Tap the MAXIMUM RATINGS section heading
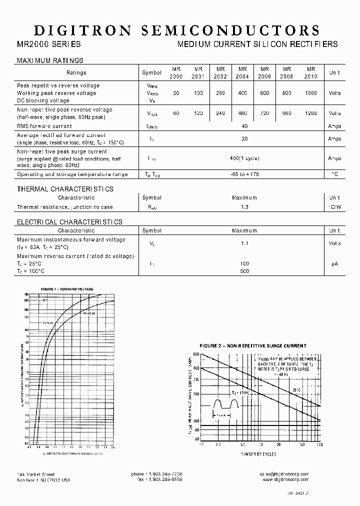click(x=50, y=60)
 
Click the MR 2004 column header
click(x=242, y=72)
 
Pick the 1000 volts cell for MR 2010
click(x=311, y=93)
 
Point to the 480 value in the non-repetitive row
click(x=242, y=113)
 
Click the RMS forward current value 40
click(x=244, y=126)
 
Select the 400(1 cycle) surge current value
click(x=244, y=158)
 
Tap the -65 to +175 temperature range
click(x=244, y=174)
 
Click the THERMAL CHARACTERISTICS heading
click(x=65, y=189)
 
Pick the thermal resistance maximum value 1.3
click(x=244, y=207)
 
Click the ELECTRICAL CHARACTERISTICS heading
click(x=69, y=221)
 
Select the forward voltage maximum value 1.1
click(x=244, y=243)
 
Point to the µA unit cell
click(x=334, y=263)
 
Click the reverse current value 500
click(x=244, y=271)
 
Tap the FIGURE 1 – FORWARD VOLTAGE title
click(x=66, y=290)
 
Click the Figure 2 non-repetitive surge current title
click(x=253, y=345)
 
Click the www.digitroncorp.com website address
click(x=284, y=479)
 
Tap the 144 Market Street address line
click(x=36, y=474)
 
